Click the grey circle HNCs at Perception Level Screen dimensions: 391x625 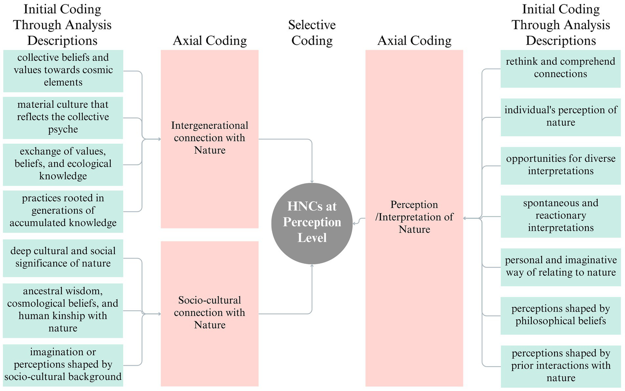pyautogui.click(x=312, y=223)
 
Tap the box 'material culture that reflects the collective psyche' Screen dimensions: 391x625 pyautogui.click(x=63, y=118)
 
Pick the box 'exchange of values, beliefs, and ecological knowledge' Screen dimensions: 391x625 pyautogui.click(x=63, y=164)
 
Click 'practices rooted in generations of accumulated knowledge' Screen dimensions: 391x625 pyautogui.click(x=63, y=211)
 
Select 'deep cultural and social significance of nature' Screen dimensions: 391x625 pyautogui.click(x=63, y=258)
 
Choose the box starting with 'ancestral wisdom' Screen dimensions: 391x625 pyautogui.click(x=63, y=310)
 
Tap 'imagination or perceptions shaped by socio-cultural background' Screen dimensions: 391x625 pyautogui.click(x=63, y=365)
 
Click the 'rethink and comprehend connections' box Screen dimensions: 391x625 pyautogui.click(x=560, y=68)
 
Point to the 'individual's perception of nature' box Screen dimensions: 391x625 pyautogui.click(x=560, y=117)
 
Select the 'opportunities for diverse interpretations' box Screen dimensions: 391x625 pyautogui.click(x=560, y=165)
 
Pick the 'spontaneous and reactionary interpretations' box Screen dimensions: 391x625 pyautogui.click(x=560, y=216)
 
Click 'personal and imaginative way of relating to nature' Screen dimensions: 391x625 pyautogui.click(x=560, y=267)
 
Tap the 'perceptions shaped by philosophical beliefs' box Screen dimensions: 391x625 pyautogui.click(x=560, y=316)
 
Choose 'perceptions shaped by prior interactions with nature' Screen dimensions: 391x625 pyautogui.click(x=560, y=366)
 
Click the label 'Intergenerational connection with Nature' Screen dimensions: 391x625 pyautogui.click(x=210, y=138)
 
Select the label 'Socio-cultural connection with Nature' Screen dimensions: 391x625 pyautogui.click(x=210, y=313)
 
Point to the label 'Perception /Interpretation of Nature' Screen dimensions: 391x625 pyautogui.click(x=414, y=217)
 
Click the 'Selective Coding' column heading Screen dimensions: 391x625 pyautogui.click(x=312, y=33)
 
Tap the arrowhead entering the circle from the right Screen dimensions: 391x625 pyautogui.click(x=355, y=222)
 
